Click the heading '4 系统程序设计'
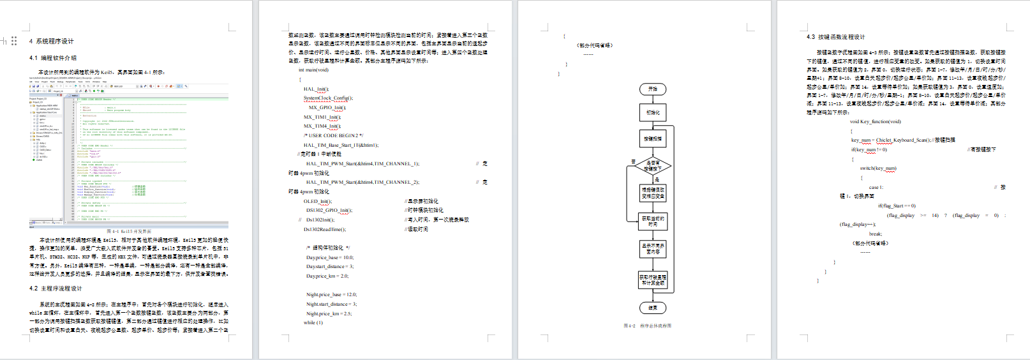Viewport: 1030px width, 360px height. [52, 41]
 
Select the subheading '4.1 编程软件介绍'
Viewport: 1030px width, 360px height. [53, 58]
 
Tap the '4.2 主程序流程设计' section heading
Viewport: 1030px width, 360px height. [56, 289]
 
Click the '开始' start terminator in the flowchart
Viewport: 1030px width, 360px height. [653, 89]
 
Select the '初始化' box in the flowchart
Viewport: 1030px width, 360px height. [653, 113]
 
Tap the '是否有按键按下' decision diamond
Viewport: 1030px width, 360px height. [653, 166]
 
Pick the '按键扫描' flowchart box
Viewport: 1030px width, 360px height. [653, 139]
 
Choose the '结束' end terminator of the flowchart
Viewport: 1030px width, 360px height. [653, 308]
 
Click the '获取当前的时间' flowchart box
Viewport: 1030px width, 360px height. [653, 221]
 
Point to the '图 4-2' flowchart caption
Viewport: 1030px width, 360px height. [647, 326]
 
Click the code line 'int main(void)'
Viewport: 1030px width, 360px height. [313, 70]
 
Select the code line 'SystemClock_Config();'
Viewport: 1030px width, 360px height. [328, 98]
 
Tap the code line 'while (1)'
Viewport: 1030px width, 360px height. [313, 323]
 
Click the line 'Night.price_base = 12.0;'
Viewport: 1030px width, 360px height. [331, 295]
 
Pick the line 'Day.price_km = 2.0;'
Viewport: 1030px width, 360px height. [327, 276]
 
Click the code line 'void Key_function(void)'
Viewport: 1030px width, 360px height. [875, 121]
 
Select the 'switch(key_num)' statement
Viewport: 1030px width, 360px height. [877, 169]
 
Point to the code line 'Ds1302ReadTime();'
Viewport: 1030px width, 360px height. [325, 229]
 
